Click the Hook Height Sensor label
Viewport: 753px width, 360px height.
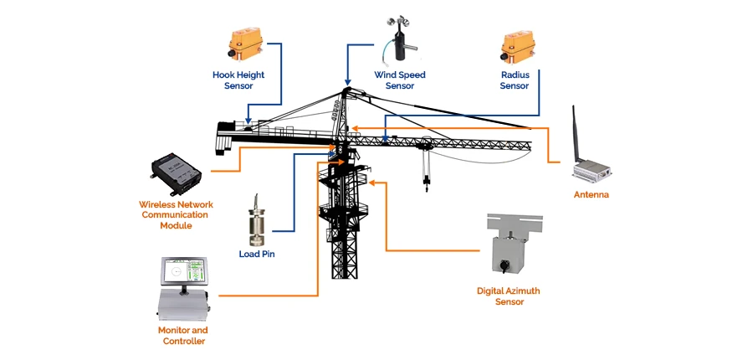click(x=238, y=80)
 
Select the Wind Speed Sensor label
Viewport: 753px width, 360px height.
click(x=399, y=80)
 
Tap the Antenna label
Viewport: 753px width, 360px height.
click(x=591, y=195)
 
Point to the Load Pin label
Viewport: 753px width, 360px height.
click(x=257, y=254)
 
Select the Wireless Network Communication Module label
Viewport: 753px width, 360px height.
click(x=177, y=214)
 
